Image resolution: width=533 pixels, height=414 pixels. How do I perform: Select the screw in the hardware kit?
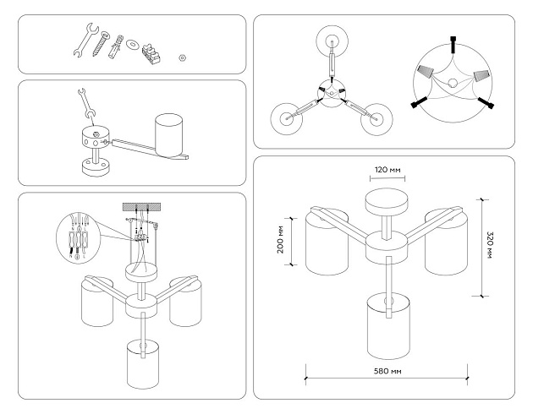(x=103, y=42)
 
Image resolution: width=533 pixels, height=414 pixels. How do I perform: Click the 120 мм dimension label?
(x=388, y=170)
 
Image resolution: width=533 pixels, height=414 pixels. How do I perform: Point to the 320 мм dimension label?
(x=492, y=246)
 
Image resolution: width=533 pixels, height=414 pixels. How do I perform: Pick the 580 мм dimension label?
(x=386, y=370)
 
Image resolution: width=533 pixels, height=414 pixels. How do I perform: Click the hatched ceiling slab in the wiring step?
(x=141, y=208)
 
